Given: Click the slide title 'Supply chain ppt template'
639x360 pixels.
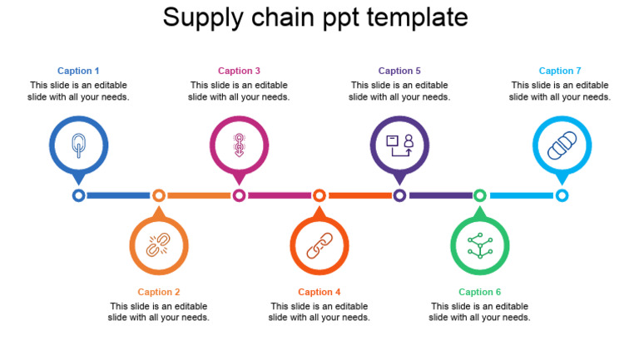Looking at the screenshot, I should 315,17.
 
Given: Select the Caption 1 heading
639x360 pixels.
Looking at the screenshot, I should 78,71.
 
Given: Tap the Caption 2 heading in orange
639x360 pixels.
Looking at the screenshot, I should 159,292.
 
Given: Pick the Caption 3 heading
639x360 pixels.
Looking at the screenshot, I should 239,71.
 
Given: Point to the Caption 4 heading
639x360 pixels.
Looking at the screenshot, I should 319,292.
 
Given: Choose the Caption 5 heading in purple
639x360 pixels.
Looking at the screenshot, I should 399,71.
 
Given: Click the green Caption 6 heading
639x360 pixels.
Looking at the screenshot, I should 480,292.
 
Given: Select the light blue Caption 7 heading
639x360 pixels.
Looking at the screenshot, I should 560,71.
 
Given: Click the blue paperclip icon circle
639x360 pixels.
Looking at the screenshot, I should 78,145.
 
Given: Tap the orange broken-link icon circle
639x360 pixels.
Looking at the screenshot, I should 158,245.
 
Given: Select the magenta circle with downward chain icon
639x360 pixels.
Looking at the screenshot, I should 239,145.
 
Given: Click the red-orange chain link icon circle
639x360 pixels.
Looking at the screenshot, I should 319,245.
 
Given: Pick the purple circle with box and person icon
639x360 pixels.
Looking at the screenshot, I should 399,145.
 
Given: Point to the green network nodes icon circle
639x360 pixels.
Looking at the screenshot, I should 480,245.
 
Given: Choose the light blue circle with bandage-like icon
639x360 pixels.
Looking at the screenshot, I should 562,145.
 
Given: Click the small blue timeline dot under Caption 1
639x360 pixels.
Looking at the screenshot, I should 78,195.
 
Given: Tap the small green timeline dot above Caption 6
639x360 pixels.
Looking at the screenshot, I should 480,195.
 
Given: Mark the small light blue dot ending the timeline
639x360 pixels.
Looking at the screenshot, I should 562,195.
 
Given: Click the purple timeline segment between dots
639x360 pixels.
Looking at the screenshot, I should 440,195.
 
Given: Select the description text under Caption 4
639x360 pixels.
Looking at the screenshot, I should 319,312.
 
